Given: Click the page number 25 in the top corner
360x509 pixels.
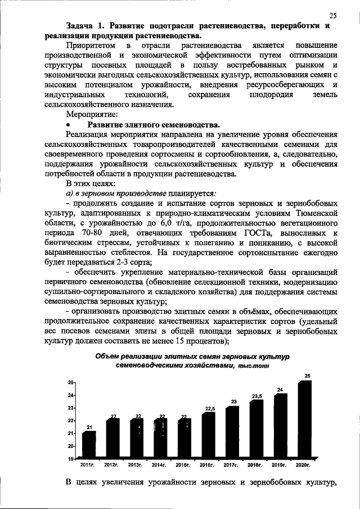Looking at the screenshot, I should coord(333,15).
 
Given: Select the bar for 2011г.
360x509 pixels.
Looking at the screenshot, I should coord(89,444).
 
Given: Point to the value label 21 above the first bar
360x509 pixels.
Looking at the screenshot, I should coord(88,427).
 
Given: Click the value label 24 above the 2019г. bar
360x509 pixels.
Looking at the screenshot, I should coord(280,389).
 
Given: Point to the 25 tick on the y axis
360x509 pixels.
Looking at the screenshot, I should coord(71,382).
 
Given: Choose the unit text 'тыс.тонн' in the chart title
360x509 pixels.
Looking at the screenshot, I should coord(253,366).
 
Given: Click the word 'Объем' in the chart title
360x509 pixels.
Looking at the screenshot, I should coord(108,356).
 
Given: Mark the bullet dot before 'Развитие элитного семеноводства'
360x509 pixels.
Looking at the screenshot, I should coord(69,125).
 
